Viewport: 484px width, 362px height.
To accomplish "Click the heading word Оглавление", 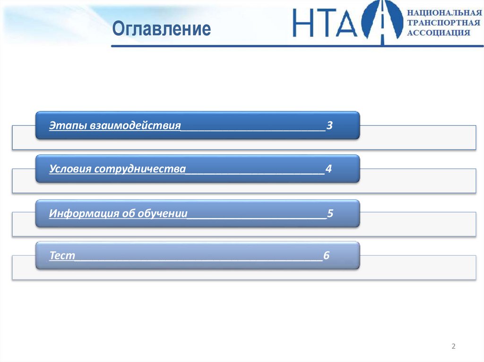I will pyautogui.click(x=162, y=29).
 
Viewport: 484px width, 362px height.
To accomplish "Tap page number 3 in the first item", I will pyautogui.click(x=330, y=126).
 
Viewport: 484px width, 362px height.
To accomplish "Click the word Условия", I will pyautogui.click(x=70, y=169).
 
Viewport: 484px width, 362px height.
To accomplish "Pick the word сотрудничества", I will pyautogui.click(x=140, y=169).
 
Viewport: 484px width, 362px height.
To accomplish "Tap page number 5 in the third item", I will pyautogui.click(x=330, y=213).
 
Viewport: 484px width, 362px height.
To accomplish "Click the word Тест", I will pyautogui.click(x=62, y=255).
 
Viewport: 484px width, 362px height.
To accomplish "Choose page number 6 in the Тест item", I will pyautogui.click(x=326, y=255).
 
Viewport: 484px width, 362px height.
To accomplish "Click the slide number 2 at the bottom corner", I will pyautogui.click(x=454, y=347).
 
